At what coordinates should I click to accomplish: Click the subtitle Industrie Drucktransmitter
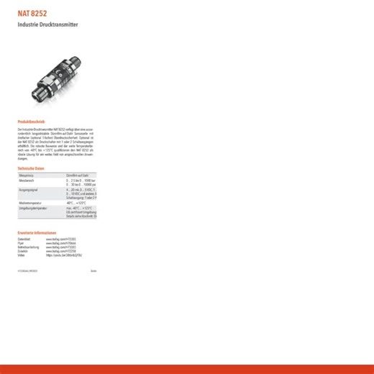point(47,25)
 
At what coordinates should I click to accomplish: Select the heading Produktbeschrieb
point(31,121)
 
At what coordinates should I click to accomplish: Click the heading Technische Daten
point(31,168)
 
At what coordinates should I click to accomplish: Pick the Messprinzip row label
point(27,175)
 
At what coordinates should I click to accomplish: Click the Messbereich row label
point(27,181)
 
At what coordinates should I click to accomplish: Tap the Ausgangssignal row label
point(28,189)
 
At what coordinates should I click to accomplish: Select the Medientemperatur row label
point(29,203)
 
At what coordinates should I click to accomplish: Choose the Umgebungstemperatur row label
point(32,208)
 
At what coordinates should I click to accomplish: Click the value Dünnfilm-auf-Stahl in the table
point(77,175)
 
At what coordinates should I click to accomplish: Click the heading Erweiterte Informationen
point(37,233)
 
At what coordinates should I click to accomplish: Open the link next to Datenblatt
point(61,239)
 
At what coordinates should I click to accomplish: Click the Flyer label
point(22,243)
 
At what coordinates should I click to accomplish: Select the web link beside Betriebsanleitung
point(61,247)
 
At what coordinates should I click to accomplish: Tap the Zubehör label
point(24,251)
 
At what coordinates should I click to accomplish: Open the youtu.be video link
point(63,255)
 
